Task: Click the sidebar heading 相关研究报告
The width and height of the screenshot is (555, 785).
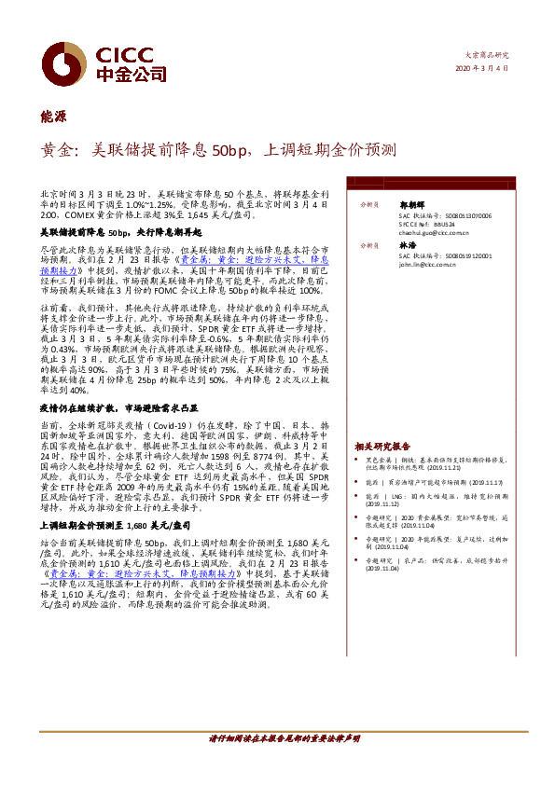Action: click(x=382, y=447)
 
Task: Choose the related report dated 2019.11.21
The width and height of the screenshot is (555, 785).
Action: click(x=437, y=467)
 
